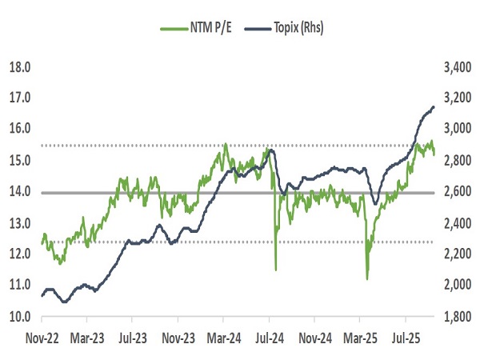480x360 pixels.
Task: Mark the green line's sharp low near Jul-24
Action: click(276, 269)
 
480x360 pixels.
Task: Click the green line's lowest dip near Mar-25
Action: click(367, 278)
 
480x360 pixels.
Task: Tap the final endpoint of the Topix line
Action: click(434, 106)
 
